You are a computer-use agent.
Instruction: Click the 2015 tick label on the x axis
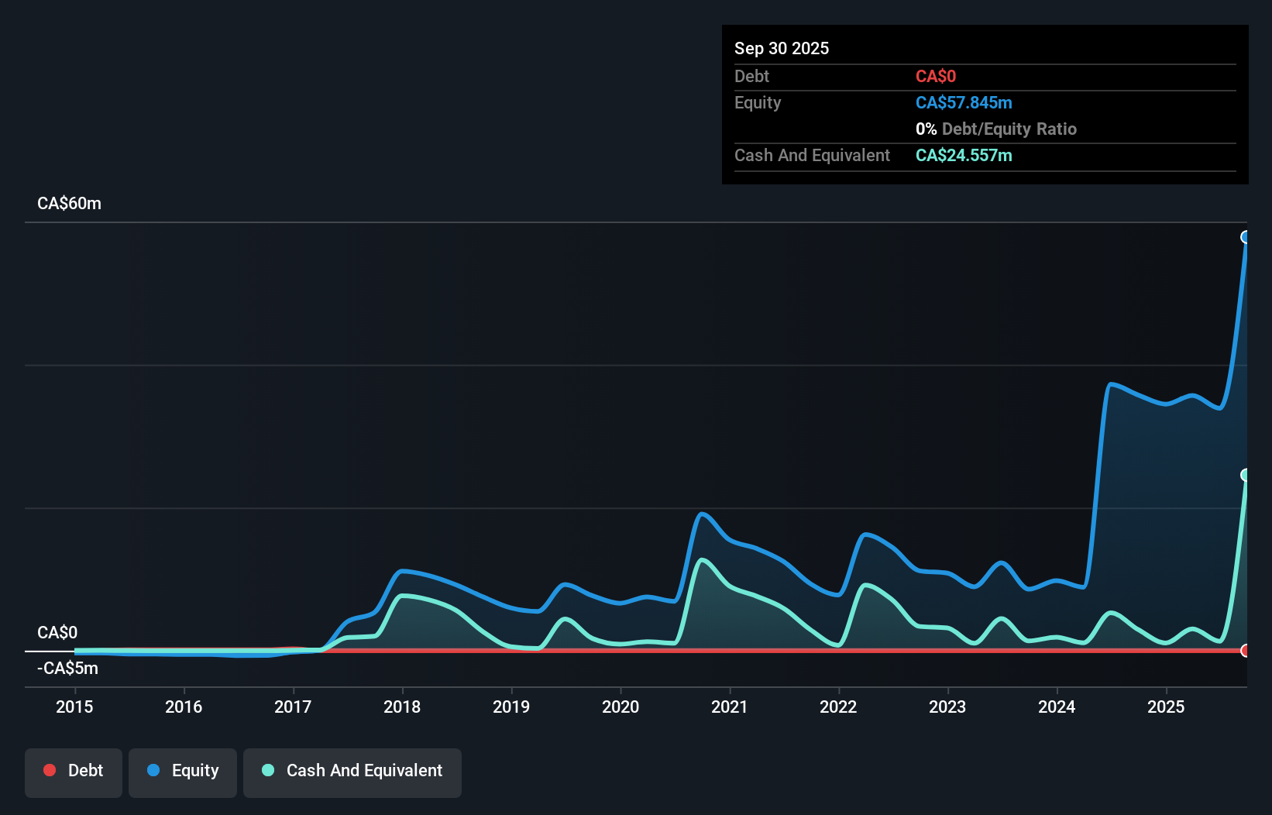click(74, 707)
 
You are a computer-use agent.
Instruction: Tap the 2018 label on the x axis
click(402, 707)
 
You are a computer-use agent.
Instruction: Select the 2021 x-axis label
click(730, 707)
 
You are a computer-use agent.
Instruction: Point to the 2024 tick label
click(1057, 707)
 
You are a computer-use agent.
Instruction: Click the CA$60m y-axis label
click(69, 203)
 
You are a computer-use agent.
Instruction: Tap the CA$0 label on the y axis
click(57, 632)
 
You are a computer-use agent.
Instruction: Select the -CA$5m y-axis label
click(67, 668)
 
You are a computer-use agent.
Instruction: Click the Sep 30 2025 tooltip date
click(782, 48)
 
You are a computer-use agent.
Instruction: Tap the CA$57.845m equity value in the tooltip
click(964, 102)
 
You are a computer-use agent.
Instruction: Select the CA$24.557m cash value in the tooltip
click(964, 155)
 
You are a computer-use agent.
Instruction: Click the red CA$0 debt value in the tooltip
click(935, 76)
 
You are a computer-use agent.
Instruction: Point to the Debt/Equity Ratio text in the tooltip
click(1008, 129)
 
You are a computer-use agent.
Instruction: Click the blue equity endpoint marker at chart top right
click(1245, 237)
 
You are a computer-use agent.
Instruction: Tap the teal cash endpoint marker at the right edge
click(1245, 475)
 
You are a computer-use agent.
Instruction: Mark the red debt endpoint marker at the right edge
click(1245, 651)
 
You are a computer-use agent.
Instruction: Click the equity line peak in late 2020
click(702, 514)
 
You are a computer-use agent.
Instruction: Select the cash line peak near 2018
click(404, 596)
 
